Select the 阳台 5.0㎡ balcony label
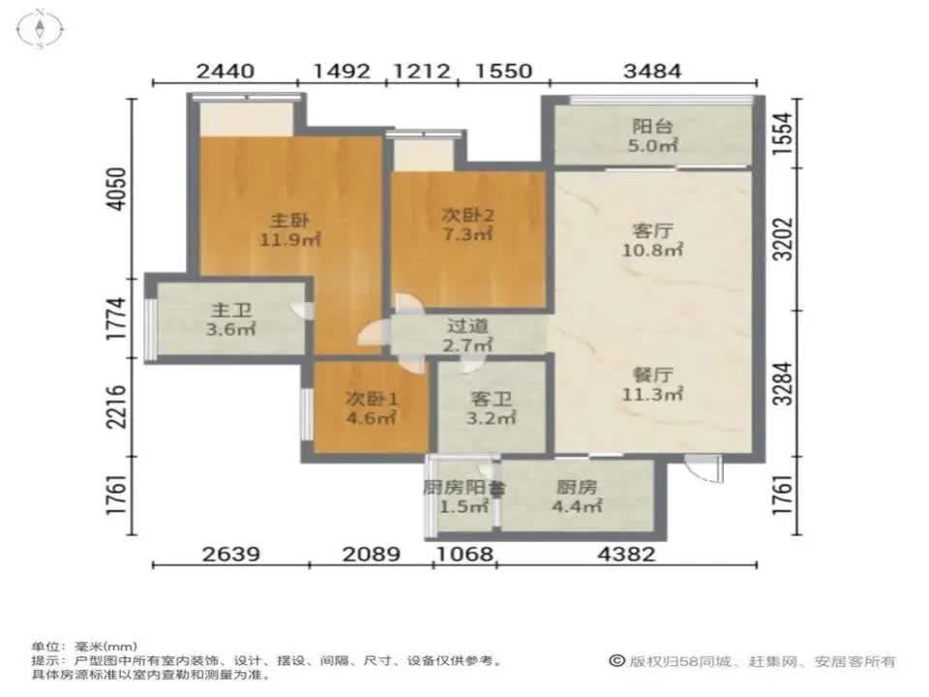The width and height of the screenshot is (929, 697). pos(653,136)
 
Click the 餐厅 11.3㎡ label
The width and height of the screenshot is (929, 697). pos(653,383)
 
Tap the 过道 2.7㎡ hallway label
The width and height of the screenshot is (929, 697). pos(468,335)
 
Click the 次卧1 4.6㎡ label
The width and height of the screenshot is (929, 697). pos(372,409)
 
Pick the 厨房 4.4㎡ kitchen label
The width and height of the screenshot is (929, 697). pos(579,497)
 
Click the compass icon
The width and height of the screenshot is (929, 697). pos(41,28)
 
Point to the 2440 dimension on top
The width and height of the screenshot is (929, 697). pos(225,71)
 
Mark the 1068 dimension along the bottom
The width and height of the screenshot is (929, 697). pos(465,555)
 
